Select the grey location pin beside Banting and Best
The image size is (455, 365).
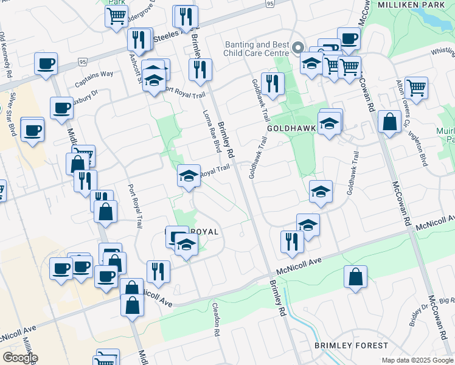298,47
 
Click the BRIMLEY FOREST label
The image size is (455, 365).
351,346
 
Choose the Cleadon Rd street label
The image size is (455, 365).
216,319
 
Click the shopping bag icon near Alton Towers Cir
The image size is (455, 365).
389,121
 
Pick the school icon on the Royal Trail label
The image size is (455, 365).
189,176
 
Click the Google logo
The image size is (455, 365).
20,358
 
